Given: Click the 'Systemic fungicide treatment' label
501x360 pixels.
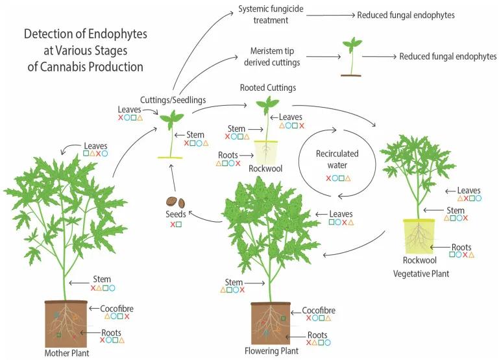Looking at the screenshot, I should click(269, 15).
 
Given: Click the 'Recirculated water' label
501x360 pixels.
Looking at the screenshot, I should click(337, 160).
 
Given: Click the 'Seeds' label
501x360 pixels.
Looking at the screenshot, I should click(176, 215).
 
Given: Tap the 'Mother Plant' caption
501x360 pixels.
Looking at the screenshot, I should click(66, 354).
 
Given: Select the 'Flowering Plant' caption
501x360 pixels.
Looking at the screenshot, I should click(272, 351).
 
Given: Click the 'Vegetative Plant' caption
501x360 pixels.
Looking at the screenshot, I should click(421, 273).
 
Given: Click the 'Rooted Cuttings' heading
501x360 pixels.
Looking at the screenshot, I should click(267, 88).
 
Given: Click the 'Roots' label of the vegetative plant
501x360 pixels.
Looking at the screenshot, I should click(461, 246).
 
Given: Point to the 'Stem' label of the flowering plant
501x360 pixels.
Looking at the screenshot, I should click(234, 282).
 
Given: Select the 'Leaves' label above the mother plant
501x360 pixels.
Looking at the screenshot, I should click(95, 147).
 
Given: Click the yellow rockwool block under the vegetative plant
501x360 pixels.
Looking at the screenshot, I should click(422, 237).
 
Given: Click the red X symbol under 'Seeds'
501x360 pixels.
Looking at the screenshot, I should click(173, 224).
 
